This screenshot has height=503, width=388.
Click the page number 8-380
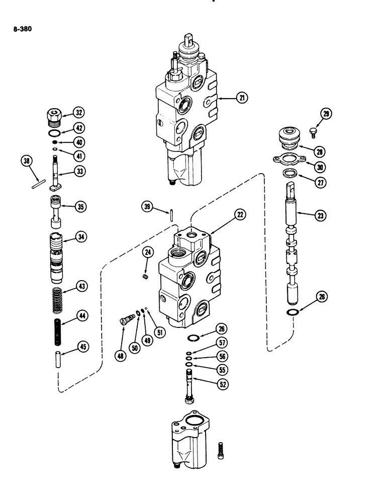[x=22, y=29]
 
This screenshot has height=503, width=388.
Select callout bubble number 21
[x=243, y=98]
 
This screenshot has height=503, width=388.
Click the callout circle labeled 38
[x=27, y=161]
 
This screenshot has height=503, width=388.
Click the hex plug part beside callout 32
[x=53, y=116]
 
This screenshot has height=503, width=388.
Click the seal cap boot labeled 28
[x=288, y=138]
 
